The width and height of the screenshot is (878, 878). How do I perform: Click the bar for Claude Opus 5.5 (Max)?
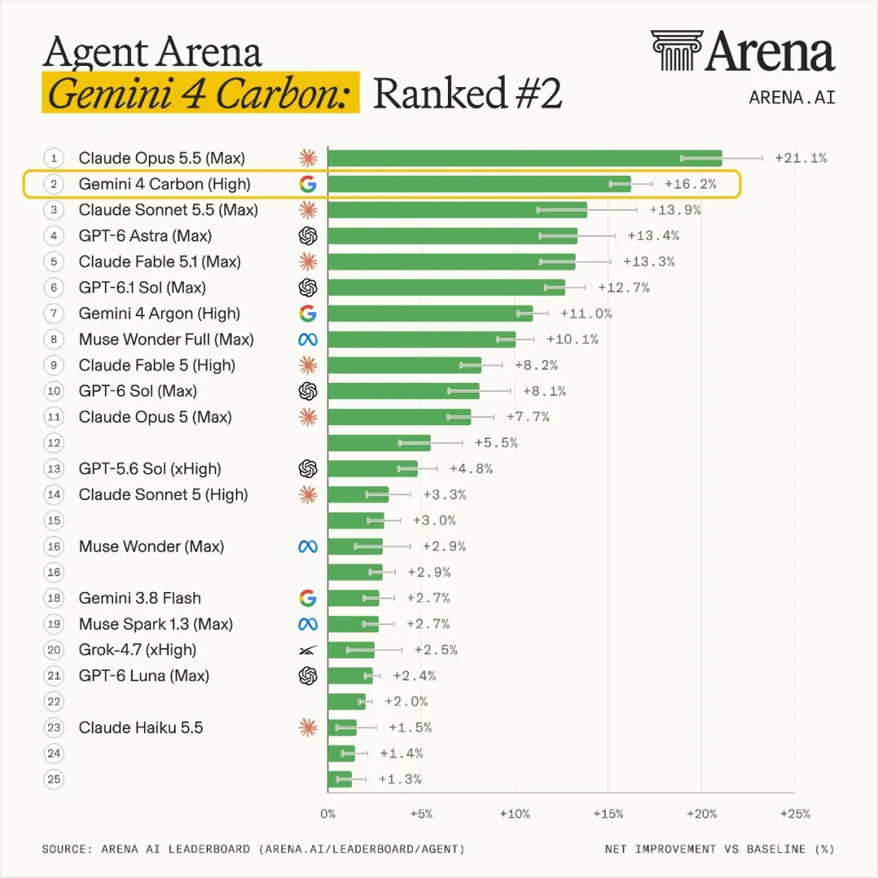pyautogui.click(x=524, y=159)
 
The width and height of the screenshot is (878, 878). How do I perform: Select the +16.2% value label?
pyautogui.click(x=690, y=185)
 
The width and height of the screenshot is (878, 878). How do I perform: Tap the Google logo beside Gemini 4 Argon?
pyautogui.click(x=307, y=314)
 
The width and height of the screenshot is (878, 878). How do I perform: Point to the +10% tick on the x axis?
pyautogui.click(x=515, y=814)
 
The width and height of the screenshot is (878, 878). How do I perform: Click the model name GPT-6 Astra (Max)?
pyautogui.click(x=145, y=236)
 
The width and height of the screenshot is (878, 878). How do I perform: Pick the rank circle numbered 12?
pyautogui.click(x=54, y=443)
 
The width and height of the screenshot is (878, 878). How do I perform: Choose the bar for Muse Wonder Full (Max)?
pyautogui.click(x=422, y=339)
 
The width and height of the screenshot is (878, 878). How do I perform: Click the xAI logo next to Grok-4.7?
pyautogui.click(x=307, y=650)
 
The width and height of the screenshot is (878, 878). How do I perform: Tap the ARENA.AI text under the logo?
pyautogui.click(x=792, y=98)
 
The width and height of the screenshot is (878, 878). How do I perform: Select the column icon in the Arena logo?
pyautogui.click(x=676, y=50)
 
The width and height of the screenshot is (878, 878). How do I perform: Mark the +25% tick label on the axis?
pyautogui.click(x=795, y=814)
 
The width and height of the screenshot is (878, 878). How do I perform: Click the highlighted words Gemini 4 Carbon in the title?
pyautogui.click(x=199, y=93)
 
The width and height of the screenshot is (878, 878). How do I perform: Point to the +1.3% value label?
pyautogui.click(x=400, y=780)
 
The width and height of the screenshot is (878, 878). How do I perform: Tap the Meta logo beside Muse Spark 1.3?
pyautogui.click(x=307, y=624)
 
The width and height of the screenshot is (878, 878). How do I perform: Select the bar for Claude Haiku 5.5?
pyautogui.click(x=342, y=728)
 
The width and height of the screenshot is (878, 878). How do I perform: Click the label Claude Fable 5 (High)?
pyautogui.click(x=157, y=366)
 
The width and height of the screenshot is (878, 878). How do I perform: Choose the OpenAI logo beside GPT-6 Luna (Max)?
pyautogui.click(x=307, y=676)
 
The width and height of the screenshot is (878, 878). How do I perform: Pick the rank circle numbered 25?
pyautogui.click(x=54, y=780)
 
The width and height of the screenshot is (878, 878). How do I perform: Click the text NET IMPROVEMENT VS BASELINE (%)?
pyautogui.click(x=719, y=850)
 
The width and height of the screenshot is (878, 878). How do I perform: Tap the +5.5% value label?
pyautogui.click(x=496, y=443)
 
